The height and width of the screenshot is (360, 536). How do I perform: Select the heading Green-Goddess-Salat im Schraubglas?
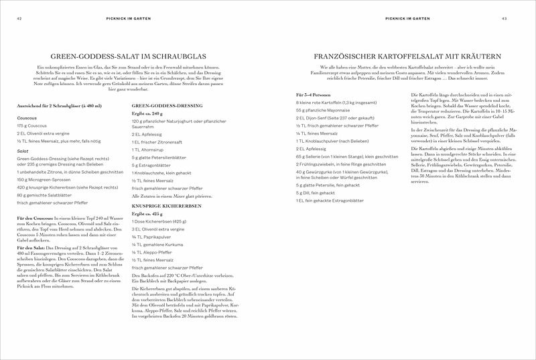[x=133, y=57]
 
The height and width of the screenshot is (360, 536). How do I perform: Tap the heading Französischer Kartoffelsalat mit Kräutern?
[x=402, y=57]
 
